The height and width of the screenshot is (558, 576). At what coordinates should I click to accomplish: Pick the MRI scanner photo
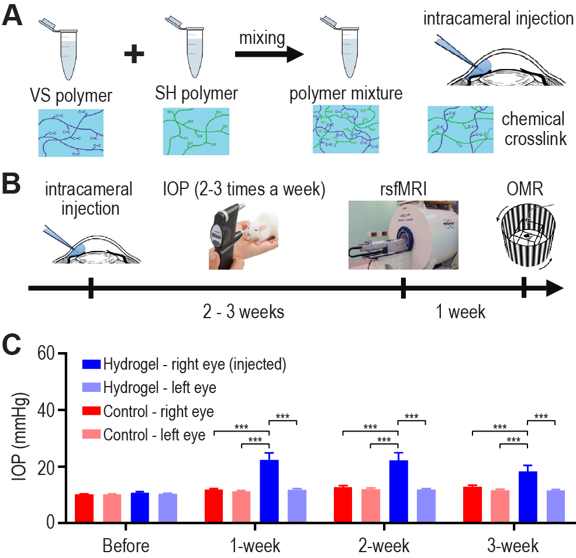(403, 235)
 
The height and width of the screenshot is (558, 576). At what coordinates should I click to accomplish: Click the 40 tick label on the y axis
(46, 410)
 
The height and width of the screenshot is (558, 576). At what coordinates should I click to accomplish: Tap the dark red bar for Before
(84, 508)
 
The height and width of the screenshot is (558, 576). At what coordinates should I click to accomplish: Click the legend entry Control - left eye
(155, 435)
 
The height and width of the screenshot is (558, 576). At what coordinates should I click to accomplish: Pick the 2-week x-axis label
(384, 547)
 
